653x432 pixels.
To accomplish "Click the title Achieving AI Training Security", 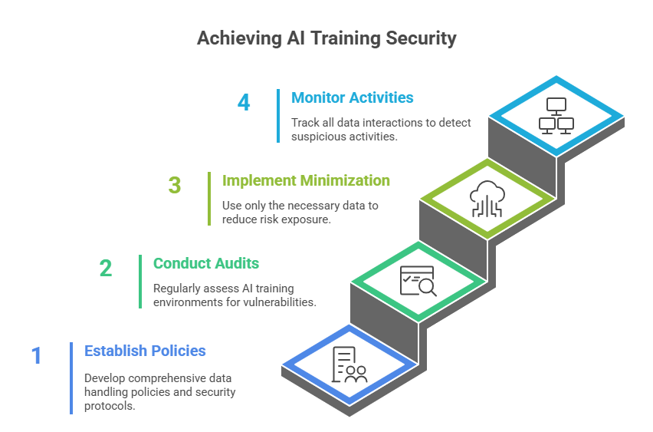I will pyautogui.click(x=326, y=38).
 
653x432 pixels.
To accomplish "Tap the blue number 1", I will pyautogui.click(x=36, y=355).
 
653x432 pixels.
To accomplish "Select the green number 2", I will pyautogui.click(x=106, y=268).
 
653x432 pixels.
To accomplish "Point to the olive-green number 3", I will pyautogui.click(x=175, y=186).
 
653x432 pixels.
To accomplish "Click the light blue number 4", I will pyautogui.click(x=244, y=102).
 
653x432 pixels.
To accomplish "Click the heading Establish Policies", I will pyautogui.click(x=145, y=351).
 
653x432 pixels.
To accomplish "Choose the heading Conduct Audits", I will pyautogui.click(x=205, y=263).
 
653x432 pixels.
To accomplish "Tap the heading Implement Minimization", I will pyautogui.click(x=306, y=180).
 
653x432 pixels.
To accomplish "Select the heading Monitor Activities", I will pyautogui.click(x=352, y=97).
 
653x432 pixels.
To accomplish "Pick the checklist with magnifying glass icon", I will pyautogui.click(x=418, y=280).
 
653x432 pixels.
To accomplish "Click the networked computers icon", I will pyautogui.click(x=556, y=115).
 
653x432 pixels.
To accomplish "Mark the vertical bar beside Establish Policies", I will pyautogui.click(x=71, y=378).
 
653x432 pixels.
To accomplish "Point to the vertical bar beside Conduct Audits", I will pyautogui.click(x=140, y=281).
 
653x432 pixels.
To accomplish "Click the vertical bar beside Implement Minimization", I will pyautogui.click(x=209, y=199).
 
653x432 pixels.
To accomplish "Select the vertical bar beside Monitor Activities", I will pyautogui.click(x=278, y=116).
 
